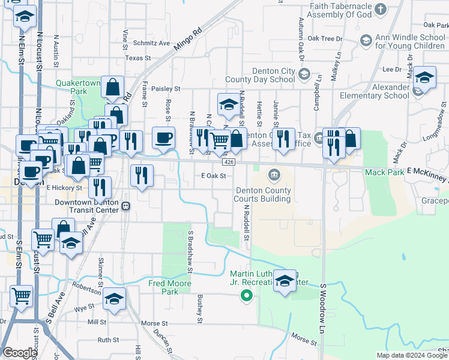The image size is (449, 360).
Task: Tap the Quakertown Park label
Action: [x=76, y=87]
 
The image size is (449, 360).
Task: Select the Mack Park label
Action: [x=382, y=172]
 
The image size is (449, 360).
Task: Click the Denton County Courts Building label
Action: [x=262, y=195]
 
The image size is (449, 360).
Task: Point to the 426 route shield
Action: [x=228, y=163]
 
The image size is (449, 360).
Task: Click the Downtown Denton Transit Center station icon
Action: [x=126, y=206]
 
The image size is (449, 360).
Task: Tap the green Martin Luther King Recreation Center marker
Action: [x=246, y=295]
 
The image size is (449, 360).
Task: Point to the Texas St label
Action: [x=137, y=58]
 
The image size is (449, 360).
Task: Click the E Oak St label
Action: [x=213, y=176]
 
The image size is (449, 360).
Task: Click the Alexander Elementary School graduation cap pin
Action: [x=424, y=78]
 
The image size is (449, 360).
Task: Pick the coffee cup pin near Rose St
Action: [x=163, y=138]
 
